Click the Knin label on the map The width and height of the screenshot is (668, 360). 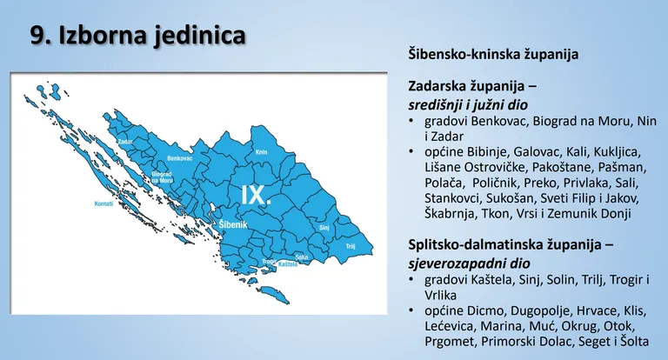tap(260, 151)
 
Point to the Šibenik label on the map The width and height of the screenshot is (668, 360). tap(233, 224)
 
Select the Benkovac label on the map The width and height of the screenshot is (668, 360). tap(179, 158)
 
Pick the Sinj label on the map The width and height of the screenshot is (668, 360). tap(324, 227)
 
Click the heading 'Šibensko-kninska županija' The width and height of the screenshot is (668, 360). tap(493, 54)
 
